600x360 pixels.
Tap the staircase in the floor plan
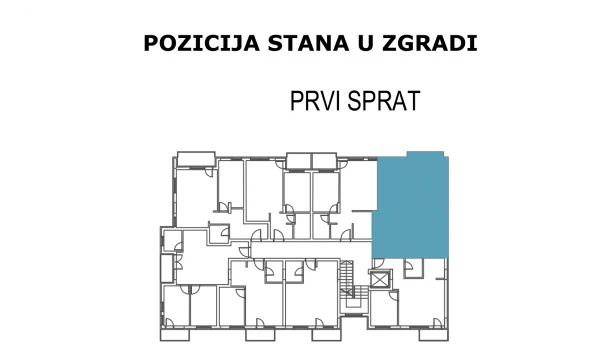pos(346,285)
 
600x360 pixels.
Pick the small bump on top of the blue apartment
pos(425,153)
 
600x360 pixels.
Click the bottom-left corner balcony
pos(174,334)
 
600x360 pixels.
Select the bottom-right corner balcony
pos(433,334)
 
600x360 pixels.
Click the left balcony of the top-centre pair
pos(298,161)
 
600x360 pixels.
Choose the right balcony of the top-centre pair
pos(324,161)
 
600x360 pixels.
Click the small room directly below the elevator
pos(384,307)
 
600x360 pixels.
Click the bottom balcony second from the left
pos(259,334)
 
